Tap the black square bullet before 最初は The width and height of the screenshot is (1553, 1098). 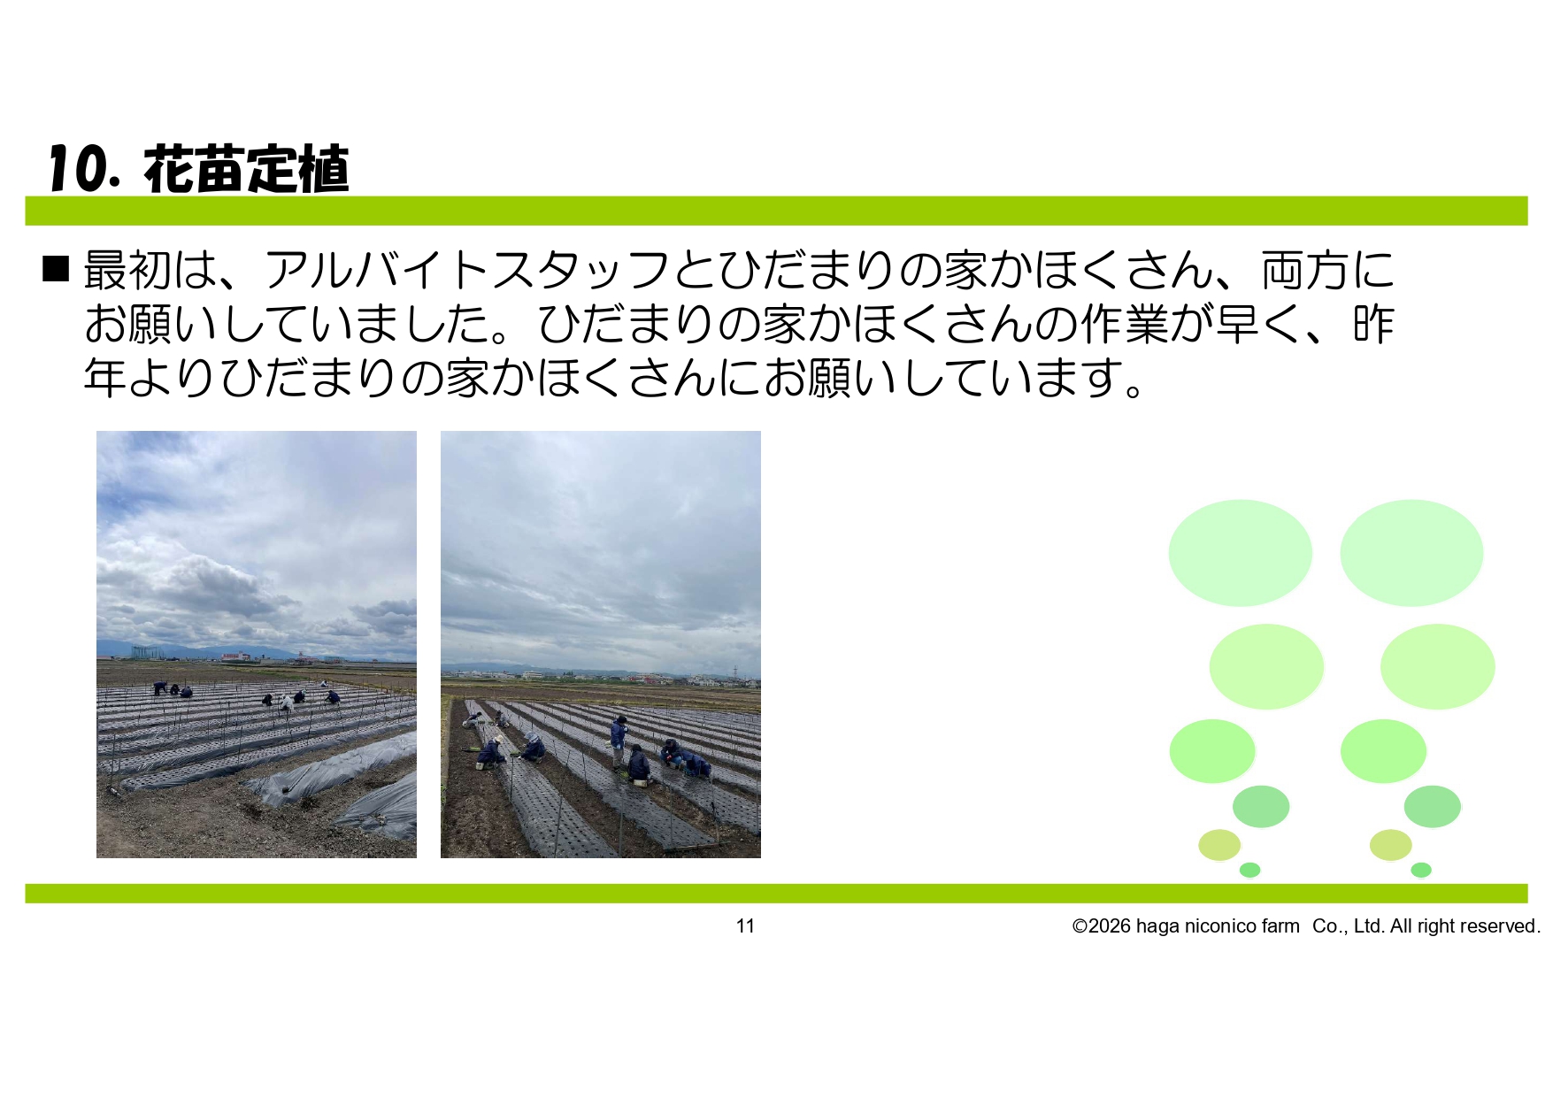point(56,268)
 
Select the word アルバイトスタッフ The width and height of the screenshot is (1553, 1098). point(467,270)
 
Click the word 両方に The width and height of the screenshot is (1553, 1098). point(1327,270)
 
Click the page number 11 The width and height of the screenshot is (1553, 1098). point(745,925)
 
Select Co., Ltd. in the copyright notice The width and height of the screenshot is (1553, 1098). point(1349,925)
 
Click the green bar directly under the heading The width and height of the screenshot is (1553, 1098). point(776,211)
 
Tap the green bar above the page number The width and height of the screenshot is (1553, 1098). point(776,893)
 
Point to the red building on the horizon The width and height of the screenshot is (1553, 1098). point(235,656)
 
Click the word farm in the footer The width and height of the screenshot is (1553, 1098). point(1280,925)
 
